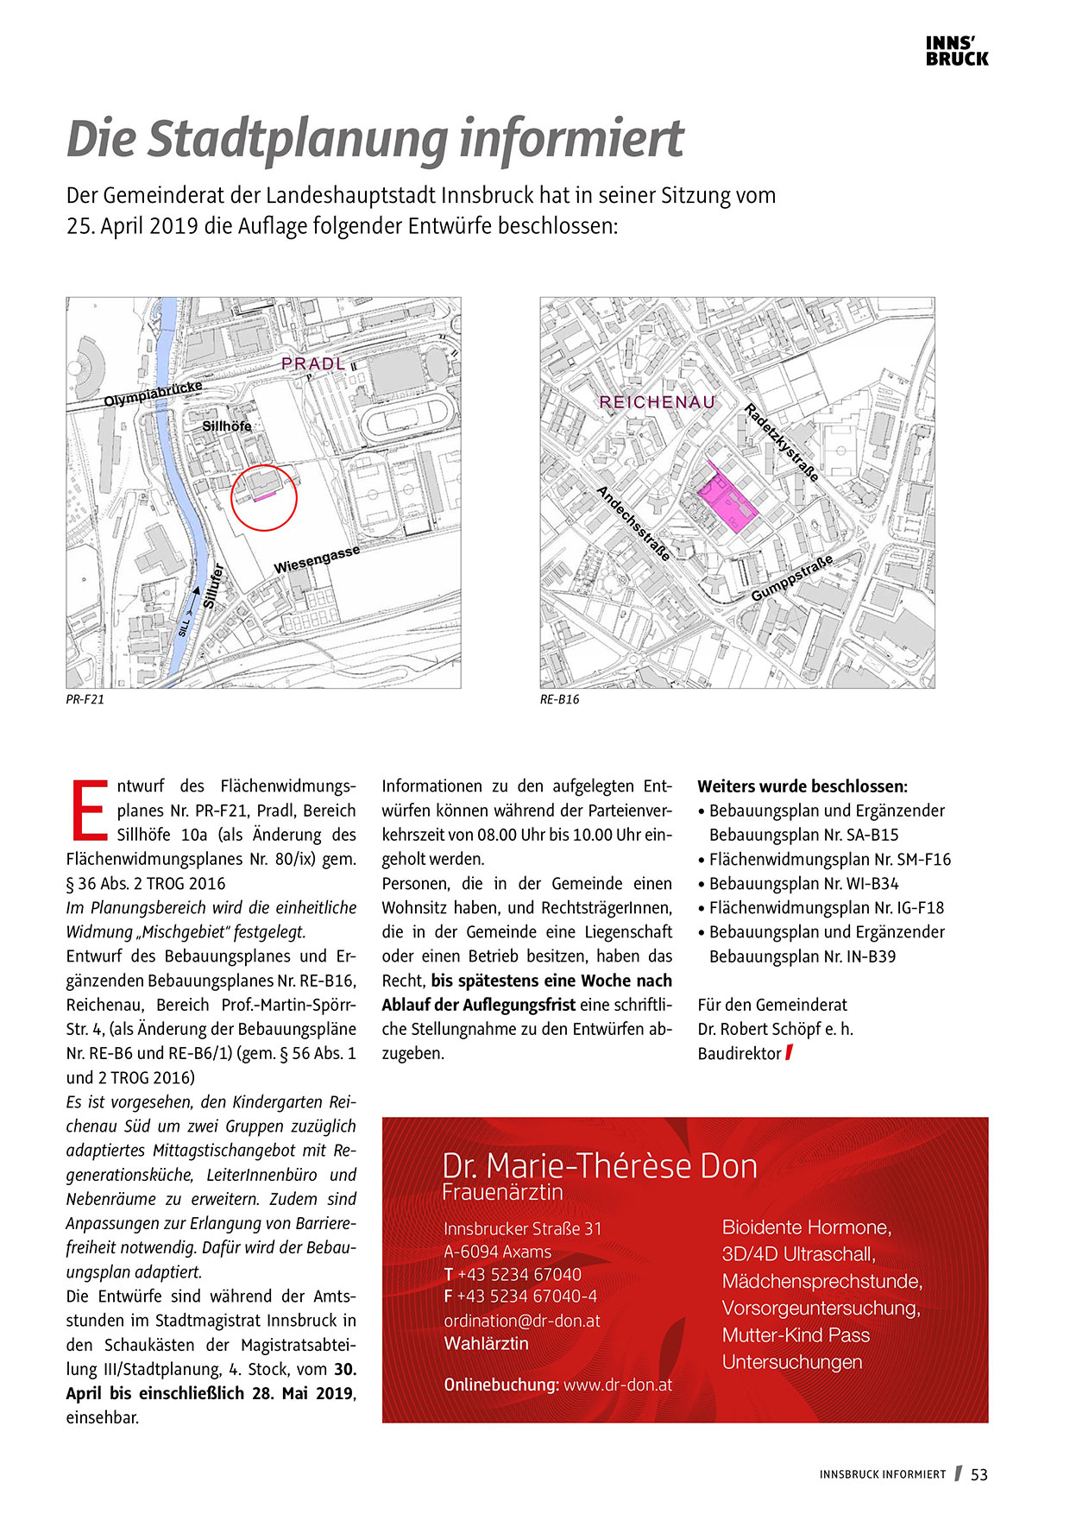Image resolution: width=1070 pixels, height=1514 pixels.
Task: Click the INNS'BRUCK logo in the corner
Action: (956, 52)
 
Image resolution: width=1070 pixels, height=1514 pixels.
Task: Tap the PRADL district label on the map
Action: (313, 364)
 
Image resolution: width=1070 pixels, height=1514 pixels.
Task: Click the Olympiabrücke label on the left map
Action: (153, 394)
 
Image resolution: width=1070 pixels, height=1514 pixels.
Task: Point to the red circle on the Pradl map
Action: (264, 497)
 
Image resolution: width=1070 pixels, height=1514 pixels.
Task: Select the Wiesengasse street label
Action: (316, 560)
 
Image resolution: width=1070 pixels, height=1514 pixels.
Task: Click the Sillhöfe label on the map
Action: (227, 426)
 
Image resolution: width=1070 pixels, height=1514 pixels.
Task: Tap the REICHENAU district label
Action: (657, 402)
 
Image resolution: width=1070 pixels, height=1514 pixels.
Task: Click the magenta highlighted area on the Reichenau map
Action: (726, 502)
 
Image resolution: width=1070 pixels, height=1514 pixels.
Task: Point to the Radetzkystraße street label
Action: (781, 442)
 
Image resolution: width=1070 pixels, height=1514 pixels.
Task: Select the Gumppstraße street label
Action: (791, 578)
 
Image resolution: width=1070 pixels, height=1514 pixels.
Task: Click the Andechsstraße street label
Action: (633, 523)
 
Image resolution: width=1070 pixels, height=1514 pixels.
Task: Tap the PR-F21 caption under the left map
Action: (85, 699)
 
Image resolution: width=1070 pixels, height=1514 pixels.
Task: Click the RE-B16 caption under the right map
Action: (559, 699)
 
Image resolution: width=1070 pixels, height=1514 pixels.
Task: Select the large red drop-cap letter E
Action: (89, 811)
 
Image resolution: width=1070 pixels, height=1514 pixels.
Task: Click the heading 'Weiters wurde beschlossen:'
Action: (802, 786)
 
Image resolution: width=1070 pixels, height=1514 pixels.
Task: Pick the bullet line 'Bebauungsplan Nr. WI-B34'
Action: (803, 884)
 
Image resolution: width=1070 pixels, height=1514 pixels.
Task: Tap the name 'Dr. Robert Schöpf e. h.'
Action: (775, 1029)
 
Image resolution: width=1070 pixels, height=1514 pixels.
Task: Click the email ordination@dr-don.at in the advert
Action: (521, 1321)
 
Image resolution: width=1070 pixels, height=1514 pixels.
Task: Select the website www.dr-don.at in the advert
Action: (617, 1385)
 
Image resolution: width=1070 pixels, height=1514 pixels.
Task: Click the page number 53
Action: (979, 1474)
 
